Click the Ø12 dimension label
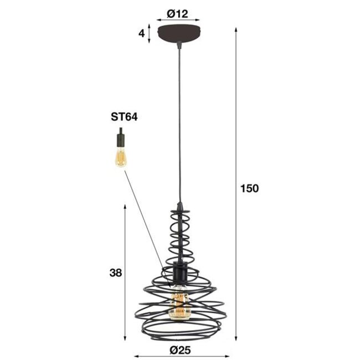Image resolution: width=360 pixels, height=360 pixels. [x=179, y=12]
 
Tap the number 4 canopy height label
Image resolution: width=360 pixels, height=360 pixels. [x=142, y=33]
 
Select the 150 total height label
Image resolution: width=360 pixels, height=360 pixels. [x=249, y=188]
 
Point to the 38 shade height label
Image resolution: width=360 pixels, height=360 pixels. [x=115, y=272]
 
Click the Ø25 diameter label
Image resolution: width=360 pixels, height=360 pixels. [x=180, y=349]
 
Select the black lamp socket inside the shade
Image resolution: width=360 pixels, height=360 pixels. [x=179, y=271]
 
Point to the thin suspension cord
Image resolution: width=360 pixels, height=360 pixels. [x=179, y=122]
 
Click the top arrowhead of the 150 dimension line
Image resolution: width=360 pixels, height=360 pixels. [x=237, y=27]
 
